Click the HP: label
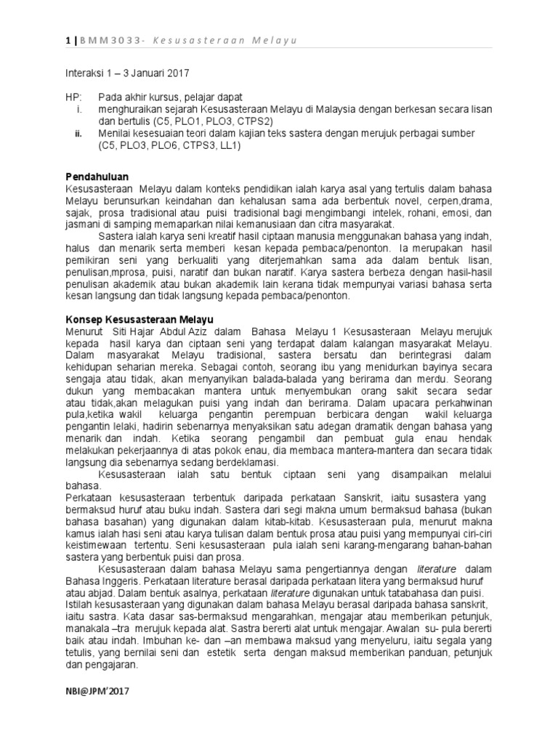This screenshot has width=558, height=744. [73, 97]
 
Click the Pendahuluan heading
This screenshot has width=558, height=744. [97, 177]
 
